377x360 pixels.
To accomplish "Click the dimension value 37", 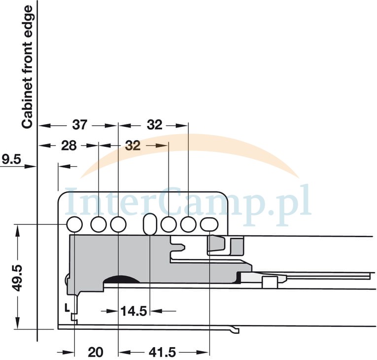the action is (79, 125).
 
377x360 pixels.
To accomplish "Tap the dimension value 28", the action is (69, 145).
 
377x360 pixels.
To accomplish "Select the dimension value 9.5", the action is (11, 159).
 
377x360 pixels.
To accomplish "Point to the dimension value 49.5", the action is (18, 278).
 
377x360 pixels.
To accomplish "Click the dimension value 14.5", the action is (134, 311).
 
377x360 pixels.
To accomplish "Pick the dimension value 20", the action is (96, 352).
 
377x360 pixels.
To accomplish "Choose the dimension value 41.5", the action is (163, 352).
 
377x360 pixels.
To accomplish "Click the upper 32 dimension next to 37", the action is (155, 125).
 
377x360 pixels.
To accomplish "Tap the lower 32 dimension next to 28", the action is (133, 145).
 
